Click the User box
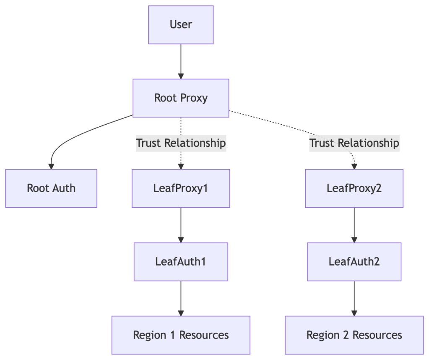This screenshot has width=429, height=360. point(181,25)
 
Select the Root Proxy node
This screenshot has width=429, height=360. point(181,98)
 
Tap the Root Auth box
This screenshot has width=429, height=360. point(51,188)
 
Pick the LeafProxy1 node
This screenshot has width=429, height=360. point(181,188)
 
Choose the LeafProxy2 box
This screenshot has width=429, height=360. point(354,188)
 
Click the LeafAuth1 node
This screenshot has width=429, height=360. point(181,261)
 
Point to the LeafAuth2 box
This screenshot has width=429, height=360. point(354,261)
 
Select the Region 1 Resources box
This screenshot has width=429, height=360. point(181,335)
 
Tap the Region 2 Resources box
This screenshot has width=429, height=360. point(354,335)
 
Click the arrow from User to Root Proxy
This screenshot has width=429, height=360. point(181,61)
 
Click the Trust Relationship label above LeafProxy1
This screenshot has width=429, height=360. point(181,143)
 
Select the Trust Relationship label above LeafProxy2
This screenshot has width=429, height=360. point(354,143)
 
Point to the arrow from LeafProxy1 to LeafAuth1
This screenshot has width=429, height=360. point(181,224)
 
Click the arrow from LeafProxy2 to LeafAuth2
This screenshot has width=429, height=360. point(354,224)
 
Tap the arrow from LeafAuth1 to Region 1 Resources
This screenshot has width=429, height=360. point(181,298)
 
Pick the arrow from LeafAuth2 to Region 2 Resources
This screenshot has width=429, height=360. point(354,298)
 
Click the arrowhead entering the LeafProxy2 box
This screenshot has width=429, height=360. point(354,167)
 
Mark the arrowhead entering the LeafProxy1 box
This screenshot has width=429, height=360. point(181,167)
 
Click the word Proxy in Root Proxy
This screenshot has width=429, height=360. point(194,98)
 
